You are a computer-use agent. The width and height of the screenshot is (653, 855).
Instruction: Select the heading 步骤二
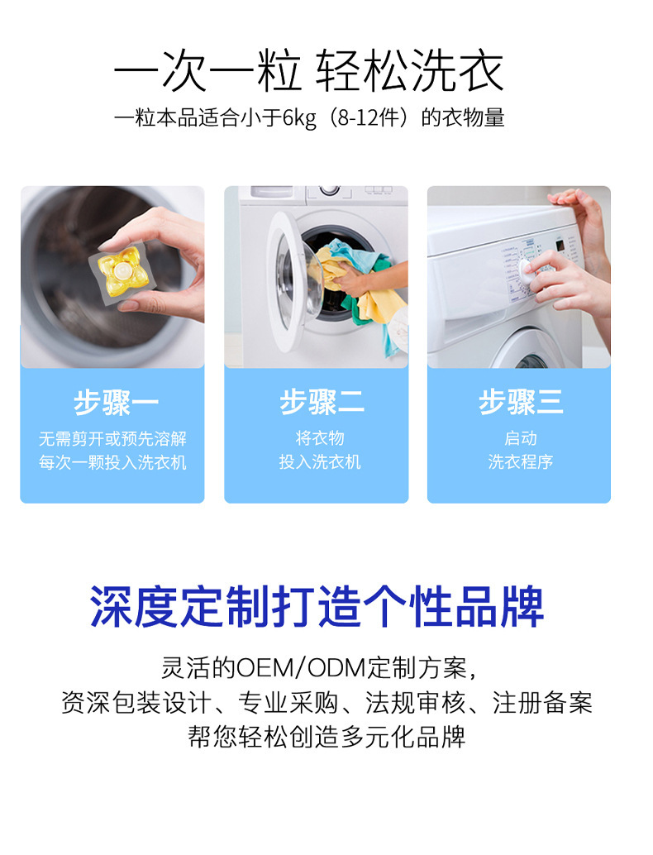[x=320, y=403]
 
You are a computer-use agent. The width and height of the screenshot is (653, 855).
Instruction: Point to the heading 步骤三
[x=520, y=403]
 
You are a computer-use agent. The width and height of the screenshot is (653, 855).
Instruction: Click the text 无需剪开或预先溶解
[x=112, y=438]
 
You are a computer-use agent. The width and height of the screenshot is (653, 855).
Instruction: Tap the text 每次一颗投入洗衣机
[x=112, y=462]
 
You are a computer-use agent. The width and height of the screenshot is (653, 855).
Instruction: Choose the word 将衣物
[x=320, y=438]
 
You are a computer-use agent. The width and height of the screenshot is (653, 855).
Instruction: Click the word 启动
[x=520, y=438]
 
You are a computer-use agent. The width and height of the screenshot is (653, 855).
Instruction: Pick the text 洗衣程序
[x=520, y=462]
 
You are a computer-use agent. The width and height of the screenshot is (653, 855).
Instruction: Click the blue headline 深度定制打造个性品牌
[x=317, y=608]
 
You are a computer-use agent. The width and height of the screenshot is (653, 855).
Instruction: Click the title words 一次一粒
[x=207, y=73]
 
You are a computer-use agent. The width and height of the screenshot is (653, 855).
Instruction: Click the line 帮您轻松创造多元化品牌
[x=326, y=737]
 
